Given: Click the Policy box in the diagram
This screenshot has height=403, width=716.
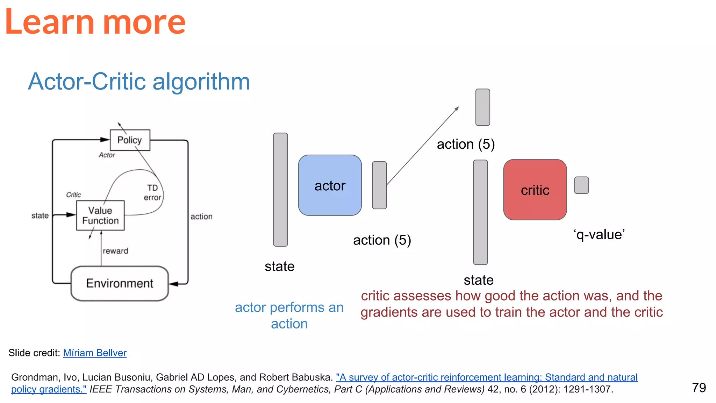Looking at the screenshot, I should [130, 140].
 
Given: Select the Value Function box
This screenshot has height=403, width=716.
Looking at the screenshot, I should [100, 215].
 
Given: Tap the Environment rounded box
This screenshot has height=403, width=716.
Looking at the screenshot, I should [120, 283].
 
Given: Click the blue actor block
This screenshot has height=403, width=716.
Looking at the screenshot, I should [330, 185].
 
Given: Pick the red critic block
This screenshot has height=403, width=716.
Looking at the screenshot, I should [535, 190].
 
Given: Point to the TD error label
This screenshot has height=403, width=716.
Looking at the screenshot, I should [152, 193].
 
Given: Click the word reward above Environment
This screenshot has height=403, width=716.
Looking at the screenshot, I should [115, 251].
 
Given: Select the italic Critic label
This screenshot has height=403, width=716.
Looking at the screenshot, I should [73, 195].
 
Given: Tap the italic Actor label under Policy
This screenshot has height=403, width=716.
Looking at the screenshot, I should [107, 155].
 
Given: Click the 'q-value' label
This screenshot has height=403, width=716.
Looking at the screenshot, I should [599, 234].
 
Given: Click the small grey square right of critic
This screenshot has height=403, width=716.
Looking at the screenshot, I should [581, 185].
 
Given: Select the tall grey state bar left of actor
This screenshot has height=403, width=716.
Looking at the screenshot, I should [280, 190].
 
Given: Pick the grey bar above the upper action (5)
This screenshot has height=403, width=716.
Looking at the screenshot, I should [482, 107].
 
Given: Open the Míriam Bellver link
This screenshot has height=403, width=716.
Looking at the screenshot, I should [95, 353].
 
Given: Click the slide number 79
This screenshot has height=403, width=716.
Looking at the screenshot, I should [699, 388].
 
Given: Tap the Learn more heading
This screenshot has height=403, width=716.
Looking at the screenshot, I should [95, 22].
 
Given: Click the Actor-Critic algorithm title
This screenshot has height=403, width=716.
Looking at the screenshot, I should [139, 82].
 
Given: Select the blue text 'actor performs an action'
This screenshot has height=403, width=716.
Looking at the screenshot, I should [289, 315].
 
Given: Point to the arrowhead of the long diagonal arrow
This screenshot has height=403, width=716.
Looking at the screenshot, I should [457, 108].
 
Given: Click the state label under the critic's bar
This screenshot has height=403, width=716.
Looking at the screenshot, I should [478, 280].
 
